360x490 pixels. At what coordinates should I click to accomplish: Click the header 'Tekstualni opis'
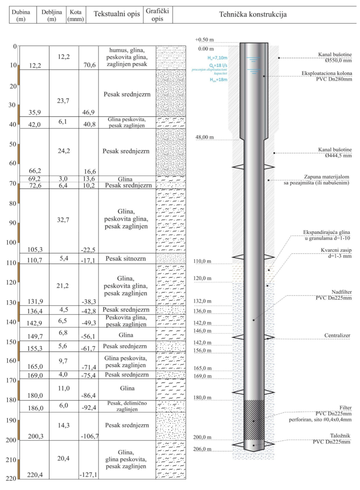(117, 14)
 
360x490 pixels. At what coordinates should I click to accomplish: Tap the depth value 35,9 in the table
(35, 112)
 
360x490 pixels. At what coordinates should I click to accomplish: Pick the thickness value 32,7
(64, 219)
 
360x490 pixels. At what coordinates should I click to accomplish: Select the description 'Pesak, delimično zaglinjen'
(127, 406)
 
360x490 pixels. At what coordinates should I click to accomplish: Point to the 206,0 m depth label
(202, 449)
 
